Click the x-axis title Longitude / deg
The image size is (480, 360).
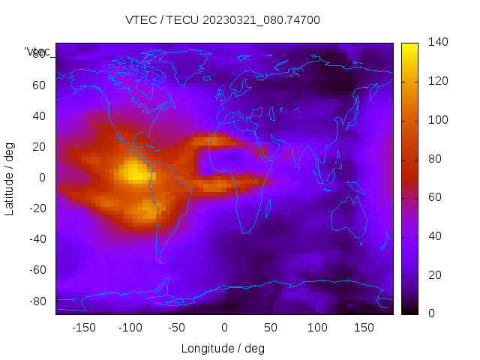[x=223, y=348]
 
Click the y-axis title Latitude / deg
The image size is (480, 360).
[x=10, y=178]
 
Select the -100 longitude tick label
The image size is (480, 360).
[x=130, y=328]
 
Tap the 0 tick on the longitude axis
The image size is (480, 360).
[x=224, y=328]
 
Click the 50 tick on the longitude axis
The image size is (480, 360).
[x=271, y=328]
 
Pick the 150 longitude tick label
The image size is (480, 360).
[x=364, y=328]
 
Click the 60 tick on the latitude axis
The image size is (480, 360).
[x=39, y=85]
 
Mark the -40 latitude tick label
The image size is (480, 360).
[x=37, y=239]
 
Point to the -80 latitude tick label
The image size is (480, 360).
[x=37, y=301]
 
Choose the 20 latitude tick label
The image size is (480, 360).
[x=39, y=146]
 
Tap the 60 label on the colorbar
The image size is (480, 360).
[x=434, y=197]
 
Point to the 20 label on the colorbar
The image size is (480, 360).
[x=434, y=275]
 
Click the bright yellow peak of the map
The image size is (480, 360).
[x=133, y=172]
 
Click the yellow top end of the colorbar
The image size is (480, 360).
[x=409, y=48]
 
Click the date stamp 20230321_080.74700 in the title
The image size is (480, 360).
[x=262, y=20]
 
